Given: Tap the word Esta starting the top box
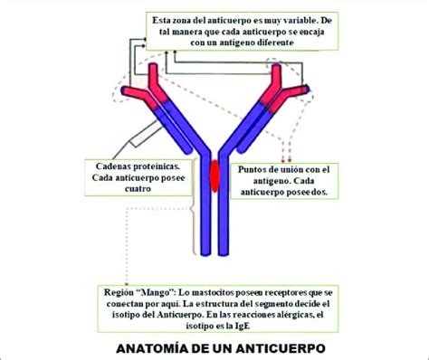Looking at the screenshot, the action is click(164, 18).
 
